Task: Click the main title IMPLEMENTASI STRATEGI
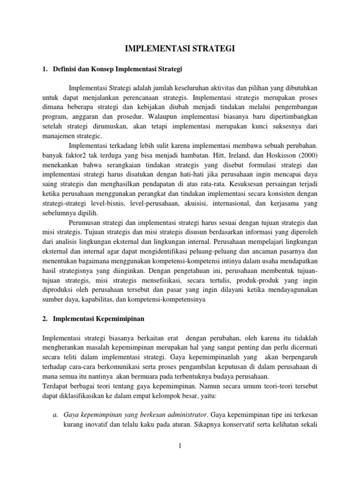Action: pyautogui.click(x=180, y=48)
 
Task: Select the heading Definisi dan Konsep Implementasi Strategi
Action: pyautogui.click(x=118, y=69)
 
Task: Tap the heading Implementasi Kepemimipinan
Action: pyautogui.click(x=98, y=318)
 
